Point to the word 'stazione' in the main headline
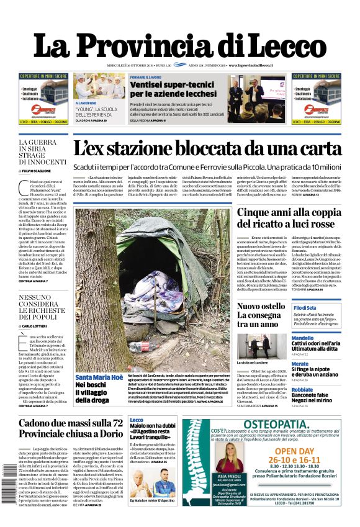pyautogui.click(x=164, y=149)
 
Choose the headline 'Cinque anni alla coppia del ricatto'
pyautogui.click(x=289, y=218)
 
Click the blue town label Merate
pyautogui.click(x=300, y=364)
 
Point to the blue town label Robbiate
pyautogui.click(x=302, y=390)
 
